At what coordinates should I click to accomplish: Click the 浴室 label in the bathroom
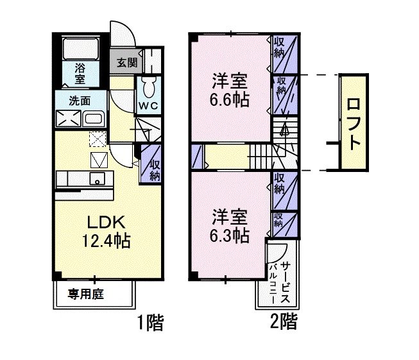(80, 73)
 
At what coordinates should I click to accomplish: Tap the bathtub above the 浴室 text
(80, 49)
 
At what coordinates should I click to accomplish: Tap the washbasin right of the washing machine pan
(94, 119)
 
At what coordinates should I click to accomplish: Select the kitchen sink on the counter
(98, 178)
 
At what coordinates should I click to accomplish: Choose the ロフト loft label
(353, 122)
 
